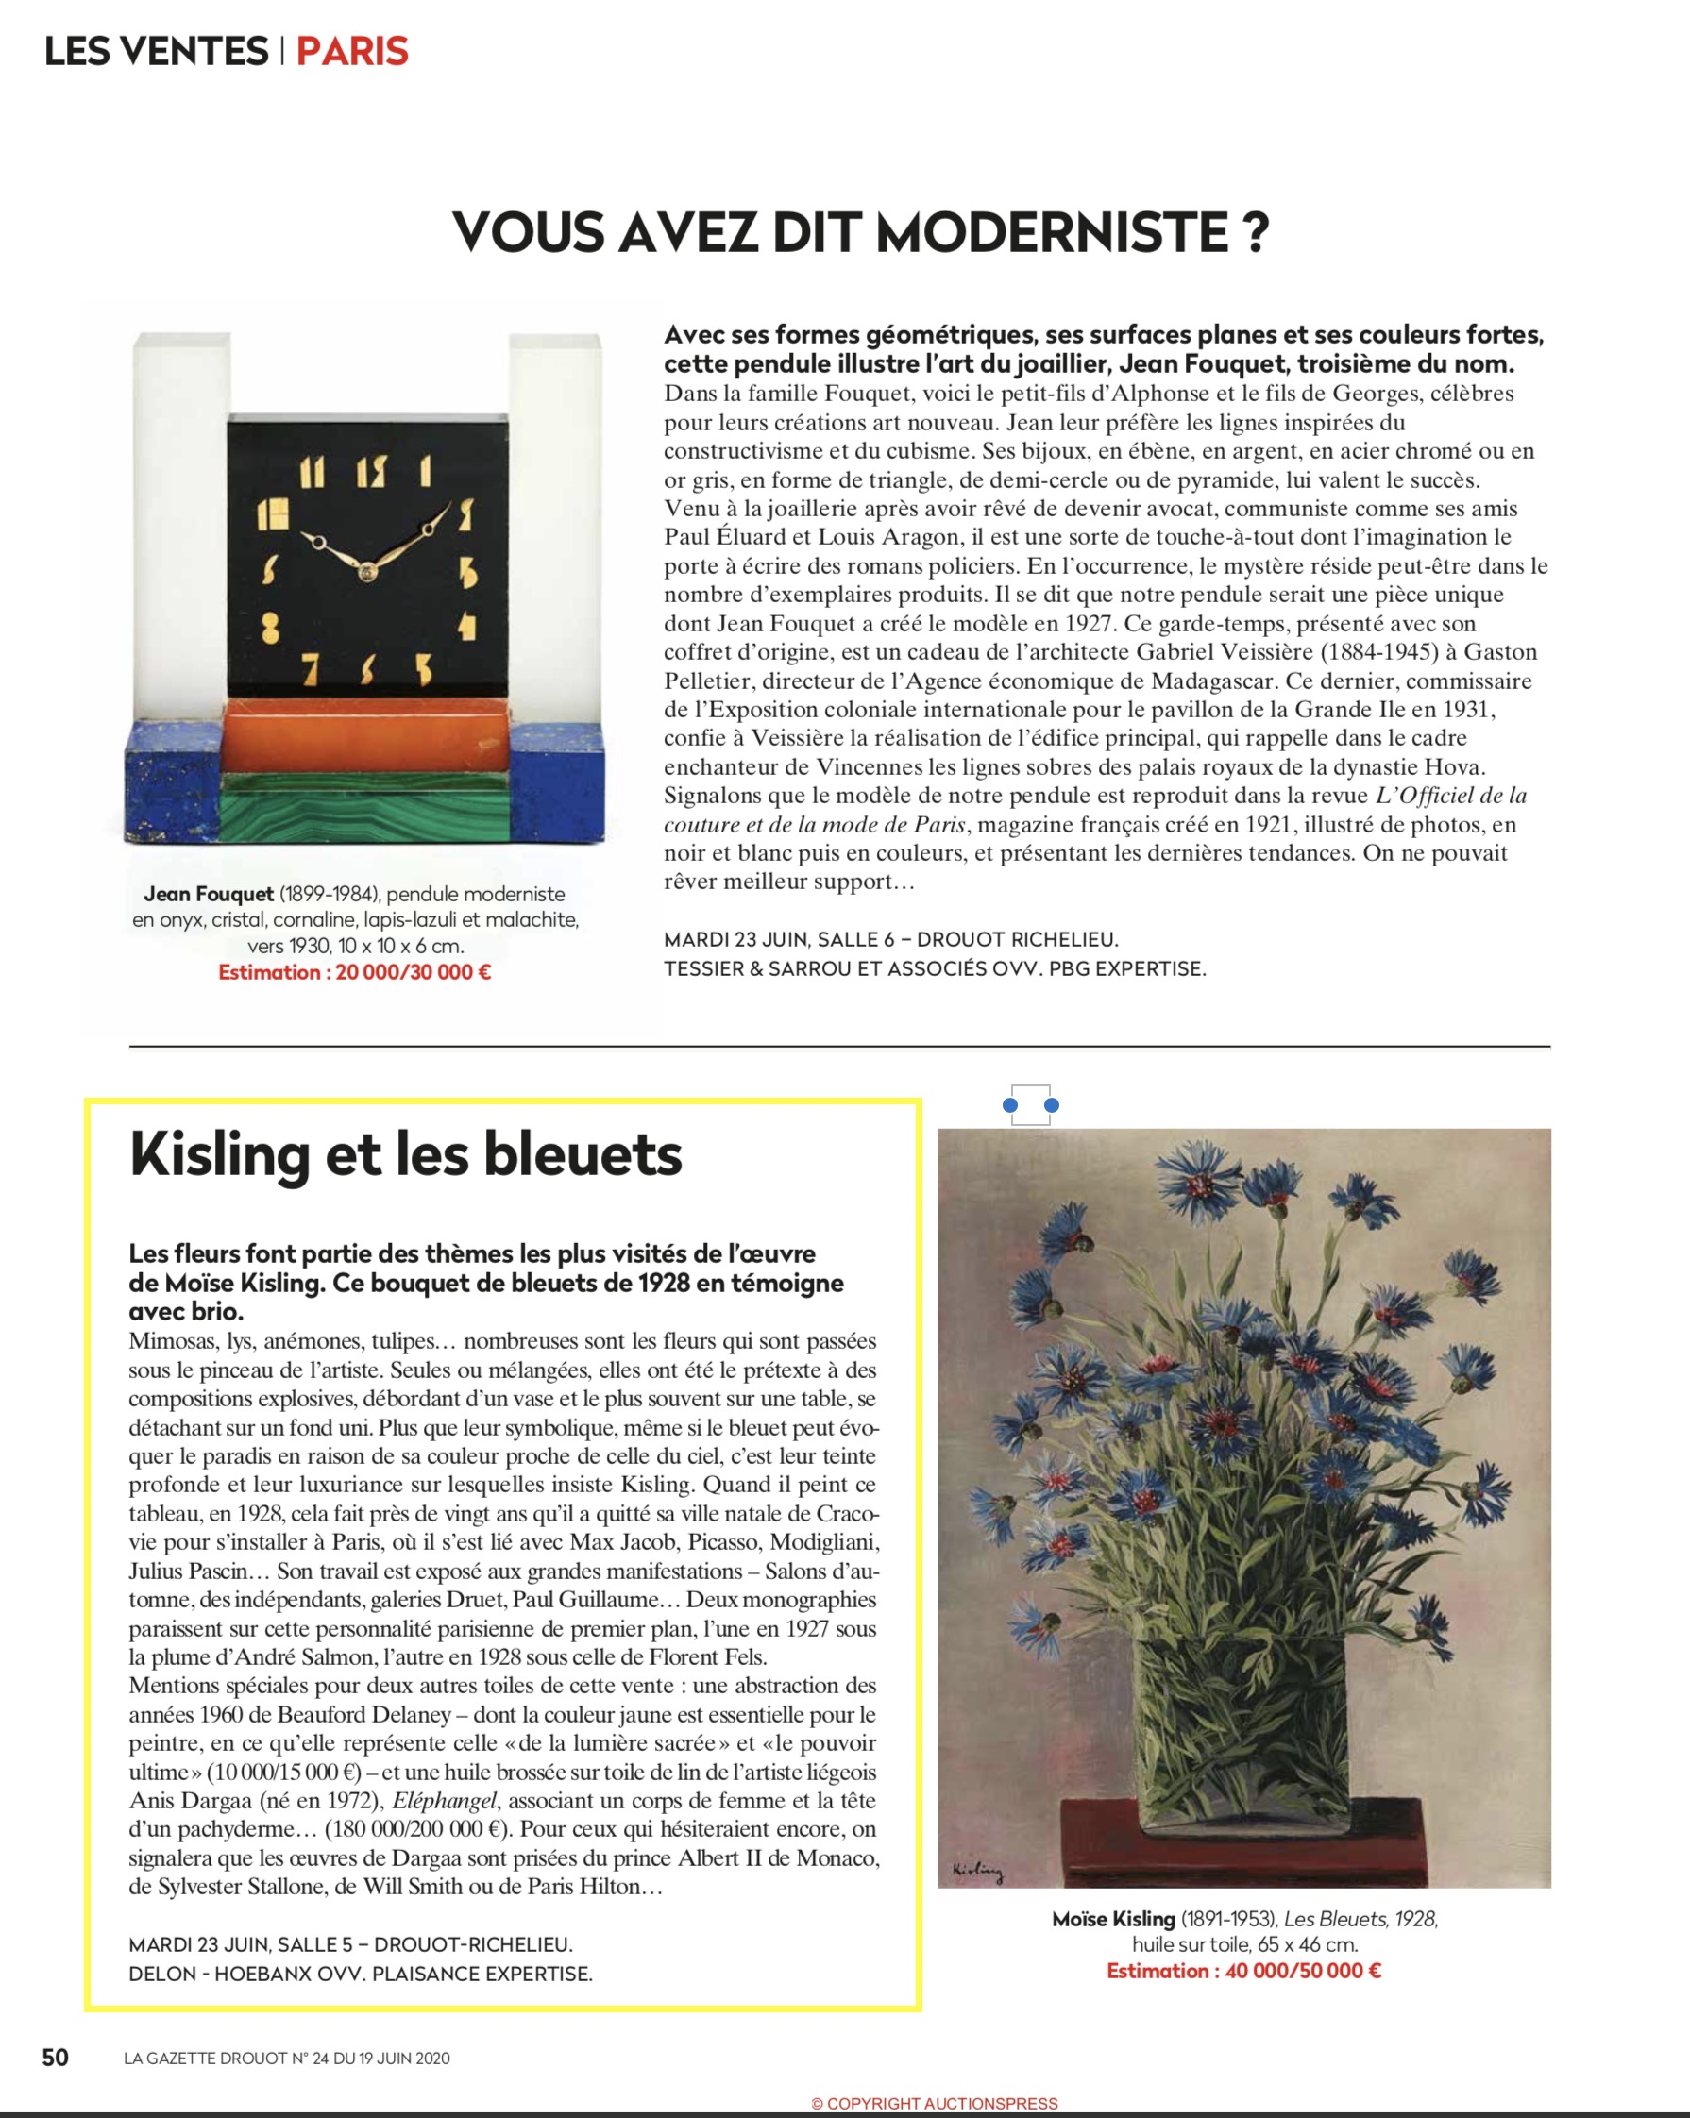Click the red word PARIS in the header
tap(352, 51)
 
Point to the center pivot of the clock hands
tap(367, 570)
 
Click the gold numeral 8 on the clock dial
tap(270, 626)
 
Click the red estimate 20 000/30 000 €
tap(355, 972)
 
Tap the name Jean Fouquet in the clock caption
tap(209, 894)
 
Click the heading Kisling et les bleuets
tap(406, 1154)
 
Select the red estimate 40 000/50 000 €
tap(1244, 1970)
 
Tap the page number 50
tap(55, 2057)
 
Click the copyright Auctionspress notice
tap(935, 2103)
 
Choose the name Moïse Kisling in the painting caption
tap(1113, 1919)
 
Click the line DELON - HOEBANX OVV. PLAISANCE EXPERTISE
tap(361, 1973)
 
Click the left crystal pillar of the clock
tap(187, 511)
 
